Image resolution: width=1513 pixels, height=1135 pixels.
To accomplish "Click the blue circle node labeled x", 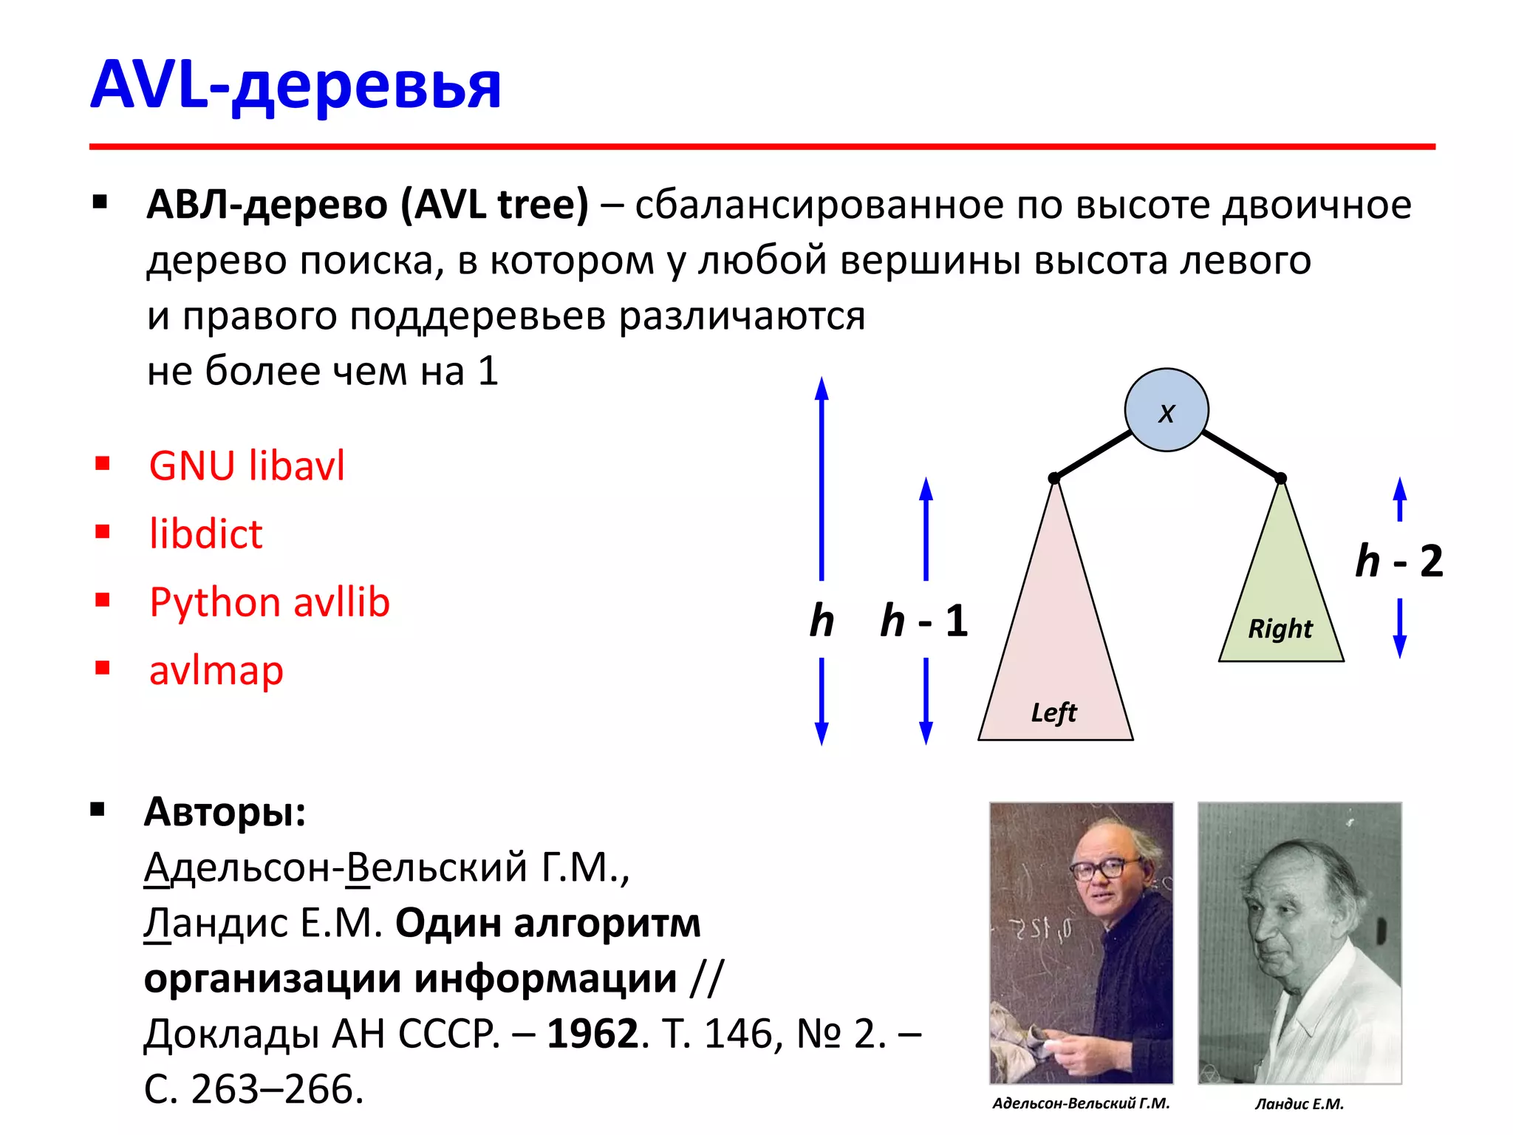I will pyautogui.click(x=1166, y=411).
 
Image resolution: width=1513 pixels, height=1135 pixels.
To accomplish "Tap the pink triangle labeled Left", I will pyautogui.click(x=1055, y=650).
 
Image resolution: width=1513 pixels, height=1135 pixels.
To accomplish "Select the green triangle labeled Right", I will pyautogui.click(x=1281, y=606).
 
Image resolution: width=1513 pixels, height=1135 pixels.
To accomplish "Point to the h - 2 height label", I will pyautogui.click(x=1398, y=562).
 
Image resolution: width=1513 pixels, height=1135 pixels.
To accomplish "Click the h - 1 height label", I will pyautogui.click(x=924, y=621).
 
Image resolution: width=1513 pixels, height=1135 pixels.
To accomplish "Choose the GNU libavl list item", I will pyautogui.click(x=247, y=466).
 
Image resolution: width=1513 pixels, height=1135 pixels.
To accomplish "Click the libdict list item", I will pyautogui.click(x=205, y=534).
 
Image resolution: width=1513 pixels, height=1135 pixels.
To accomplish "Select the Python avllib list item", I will pyautogui.click(x=269, y=601).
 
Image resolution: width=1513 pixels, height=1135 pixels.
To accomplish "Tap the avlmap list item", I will pyautogui.click(x=216, y=670).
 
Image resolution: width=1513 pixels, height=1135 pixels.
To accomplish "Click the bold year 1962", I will pyautogui.click(x=592, y=1033).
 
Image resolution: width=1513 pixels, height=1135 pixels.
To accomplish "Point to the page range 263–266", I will pyautogui.click(x=277, y=1089).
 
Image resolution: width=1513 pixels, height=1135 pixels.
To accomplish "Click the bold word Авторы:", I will pyautogui.click(x=225, y=812).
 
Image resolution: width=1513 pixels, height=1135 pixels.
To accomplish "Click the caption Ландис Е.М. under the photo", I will pyautogui.click(x=1299, y=1104).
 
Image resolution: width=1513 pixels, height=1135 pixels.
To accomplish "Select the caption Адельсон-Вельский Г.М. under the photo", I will pyautogui.click(x=1081, y=1103).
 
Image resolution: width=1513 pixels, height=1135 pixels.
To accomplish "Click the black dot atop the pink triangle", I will pyautogui.click(x=1054, y=479).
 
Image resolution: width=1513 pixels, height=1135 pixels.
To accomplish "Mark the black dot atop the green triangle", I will pyautogui.click(x=1281, y=479).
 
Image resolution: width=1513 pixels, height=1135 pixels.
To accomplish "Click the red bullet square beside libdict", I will pyautogui.click(x=103, y=532).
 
